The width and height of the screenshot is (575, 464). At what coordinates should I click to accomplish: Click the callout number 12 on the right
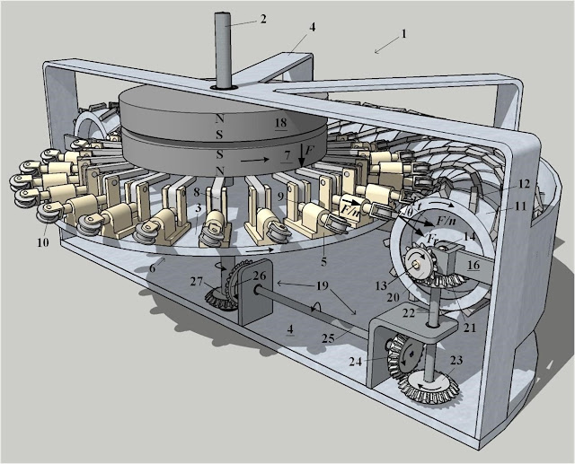(x=523, y=185)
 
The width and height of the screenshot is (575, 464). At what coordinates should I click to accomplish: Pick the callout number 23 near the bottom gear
(x=456, y=359)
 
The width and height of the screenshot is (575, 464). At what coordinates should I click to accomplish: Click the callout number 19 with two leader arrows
(x=322, y=286)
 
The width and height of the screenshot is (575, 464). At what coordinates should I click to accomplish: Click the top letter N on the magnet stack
(x=219, y=118)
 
